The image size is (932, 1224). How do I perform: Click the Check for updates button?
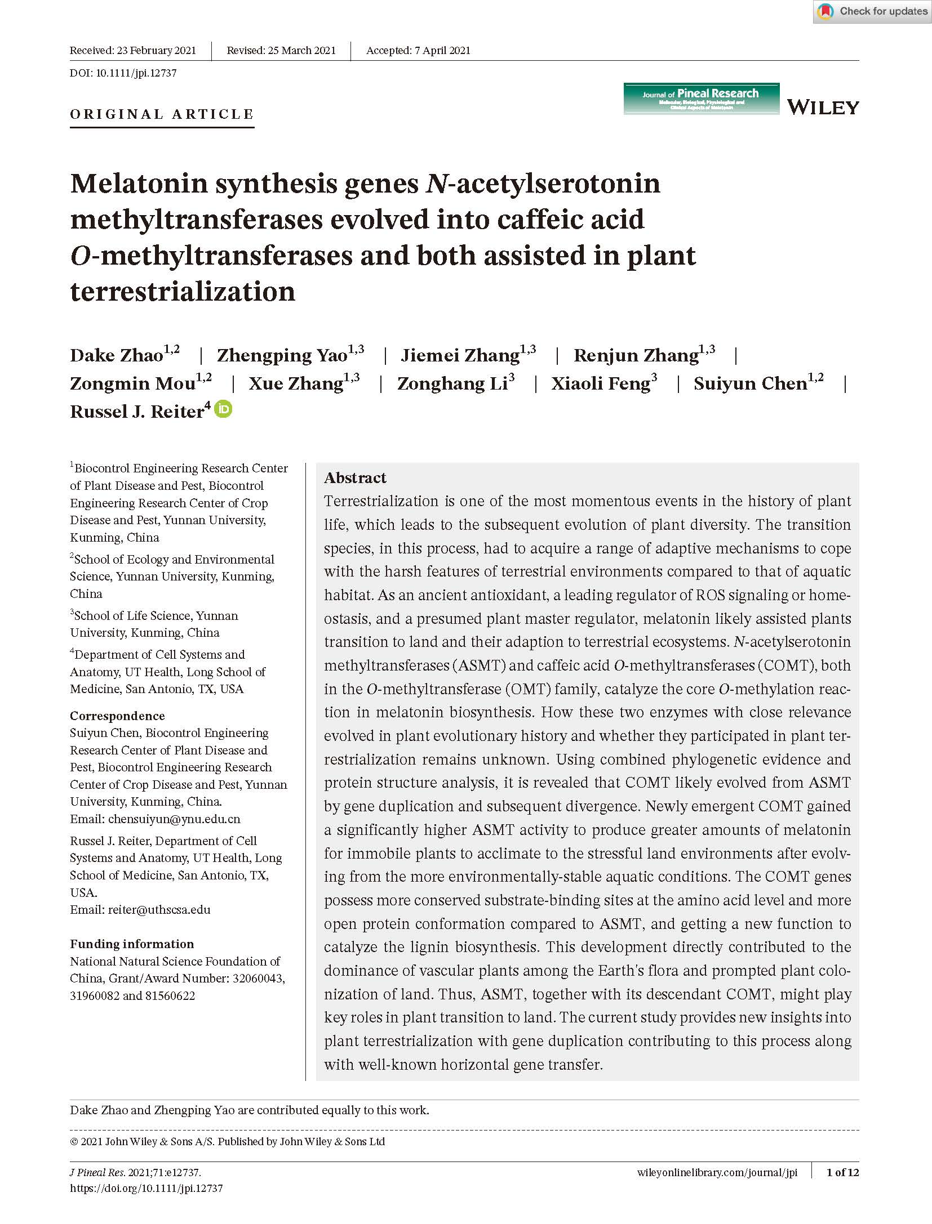pos(872,12)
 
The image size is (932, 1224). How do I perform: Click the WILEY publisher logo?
pos(823,107)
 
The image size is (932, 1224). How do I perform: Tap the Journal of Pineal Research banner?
pos(701,99)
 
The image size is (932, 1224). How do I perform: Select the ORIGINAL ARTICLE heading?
pos(162,114)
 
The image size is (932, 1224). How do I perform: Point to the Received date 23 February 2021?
pos(133,51)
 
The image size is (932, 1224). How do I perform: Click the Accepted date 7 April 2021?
pos(418,51)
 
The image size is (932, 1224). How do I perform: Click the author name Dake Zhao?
pos(117,356)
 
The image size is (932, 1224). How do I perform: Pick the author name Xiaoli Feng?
pos(601,384)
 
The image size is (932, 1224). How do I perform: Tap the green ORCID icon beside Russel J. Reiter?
pos(224,409)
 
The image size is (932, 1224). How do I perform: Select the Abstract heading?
pos(355,478)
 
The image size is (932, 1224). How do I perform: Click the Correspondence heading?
pos(117,716)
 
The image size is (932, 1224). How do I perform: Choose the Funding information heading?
pos(132,944)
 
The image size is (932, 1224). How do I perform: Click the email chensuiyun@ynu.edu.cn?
pos(174,819)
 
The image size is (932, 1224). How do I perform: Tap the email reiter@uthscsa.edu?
pos(159,910)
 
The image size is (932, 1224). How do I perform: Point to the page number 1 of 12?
pos(842,1173)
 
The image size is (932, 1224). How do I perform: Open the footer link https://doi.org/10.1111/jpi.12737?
pos(147,1189)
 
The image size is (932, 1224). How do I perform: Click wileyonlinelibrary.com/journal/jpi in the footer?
pos(717,1173)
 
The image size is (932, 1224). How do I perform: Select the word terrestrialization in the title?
pos(183,292)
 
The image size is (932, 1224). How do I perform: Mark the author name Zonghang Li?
pos(452,384)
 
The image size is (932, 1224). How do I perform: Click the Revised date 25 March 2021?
pos(281,51)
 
